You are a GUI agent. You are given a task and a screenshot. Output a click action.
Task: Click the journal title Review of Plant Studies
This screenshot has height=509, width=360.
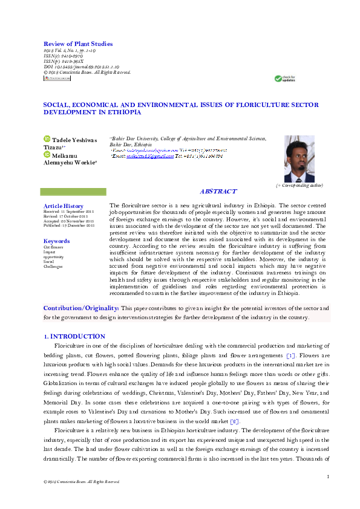78,44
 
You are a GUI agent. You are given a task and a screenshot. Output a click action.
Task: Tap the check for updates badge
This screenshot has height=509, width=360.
285,79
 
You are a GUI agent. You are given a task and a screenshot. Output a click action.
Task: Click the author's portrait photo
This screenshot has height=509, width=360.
299,159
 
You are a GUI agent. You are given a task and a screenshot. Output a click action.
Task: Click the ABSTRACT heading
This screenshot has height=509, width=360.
218,192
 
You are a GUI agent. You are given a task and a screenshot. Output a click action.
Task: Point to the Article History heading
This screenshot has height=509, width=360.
64,206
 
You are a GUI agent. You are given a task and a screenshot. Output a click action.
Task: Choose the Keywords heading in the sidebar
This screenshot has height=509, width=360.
56,241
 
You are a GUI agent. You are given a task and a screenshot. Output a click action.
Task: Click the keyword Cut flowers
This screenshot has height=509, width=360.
53,247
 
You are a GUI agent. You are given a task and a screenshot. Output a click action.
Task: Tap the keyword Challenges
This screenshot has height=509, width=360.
53,267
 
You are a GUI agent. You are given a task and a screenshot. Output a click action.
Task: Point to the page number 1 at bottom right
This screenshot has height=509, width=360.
327,477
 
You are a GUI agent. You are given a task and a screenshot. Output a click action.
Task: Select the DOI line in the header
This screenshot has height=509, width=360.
81,66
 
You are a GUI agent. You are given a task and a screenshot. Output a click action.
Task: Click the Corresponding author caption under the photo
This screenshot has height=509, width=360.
299,186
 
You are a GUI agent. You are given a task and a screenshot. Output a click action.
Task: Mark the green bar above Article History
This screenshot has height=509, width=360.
73,192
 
